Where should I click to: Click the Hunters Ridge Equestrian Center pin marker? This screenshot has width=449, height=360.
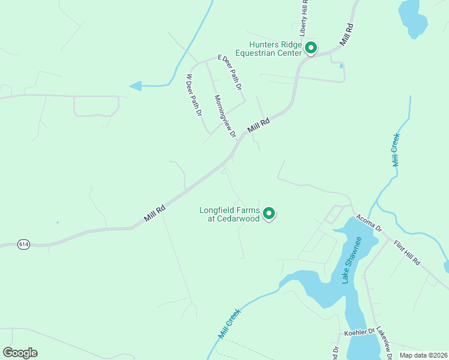310,47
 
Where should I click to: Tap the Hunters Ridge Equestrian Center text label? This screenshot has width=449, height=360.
268,48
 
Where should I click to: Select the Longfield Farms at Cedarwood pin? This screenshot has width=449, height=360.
270,213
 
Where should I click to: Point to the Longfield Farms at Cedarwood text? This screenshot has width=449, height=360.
230,214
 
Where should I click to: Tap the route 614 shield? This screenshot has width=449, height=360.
23,244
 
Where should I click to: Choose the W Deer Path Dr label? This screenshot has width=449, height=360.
193,95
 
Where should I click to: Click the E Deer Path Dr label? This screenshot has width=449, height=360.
230,72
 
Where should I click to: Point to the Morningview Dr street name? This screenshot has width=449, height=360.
224,116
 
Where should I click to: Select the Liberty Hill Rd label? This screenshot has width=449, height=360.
304,16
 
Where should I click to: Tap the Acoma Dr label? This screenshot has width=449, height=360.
369,223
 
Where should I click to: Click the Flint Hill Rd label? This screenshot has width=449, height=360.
408,253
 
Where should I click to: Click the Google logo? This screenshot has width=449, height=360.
20,353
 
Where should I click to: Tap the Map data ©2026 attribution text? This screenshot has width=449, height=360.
423,355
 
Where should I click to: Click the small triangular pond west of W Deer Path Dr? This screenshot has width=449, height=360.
136,86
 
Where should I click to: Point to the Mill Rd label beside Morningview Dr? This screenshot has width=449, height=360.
259,125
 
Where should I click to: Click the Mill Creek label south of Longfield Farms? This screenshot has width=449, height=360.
229,323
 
